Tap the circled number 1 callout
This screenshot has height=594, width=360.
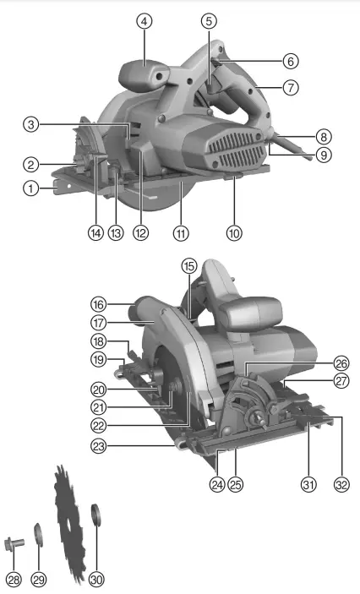click(x=31, y=189)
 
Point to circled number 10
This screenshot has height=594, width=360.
click(x=234, y=231)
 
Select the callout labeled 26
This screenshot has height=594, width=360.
click(x=341, y=362)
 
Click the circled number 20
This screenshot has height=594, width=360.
click(x=99, y=390)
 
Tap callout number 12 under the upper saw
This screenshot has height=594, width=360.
click(x=141, y=231)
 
